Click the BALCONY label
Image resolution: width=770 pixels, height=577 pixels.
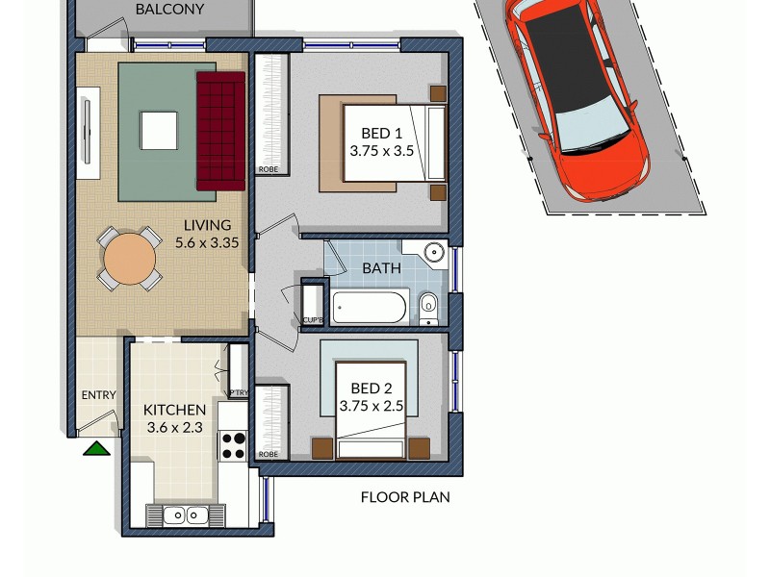coord(169,10)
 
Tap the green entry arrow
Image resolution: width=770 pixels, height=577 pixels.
coord(95,447)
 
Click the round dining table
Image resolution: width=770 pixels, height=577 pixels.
coord(129,259)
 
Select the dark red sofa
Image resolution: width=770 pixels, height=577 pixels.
coord(220,130)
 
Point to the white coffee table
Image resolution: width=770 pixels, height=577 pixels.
coord(159,130)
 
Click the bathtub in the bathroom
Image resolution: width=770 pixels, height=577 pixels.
coord(370,308)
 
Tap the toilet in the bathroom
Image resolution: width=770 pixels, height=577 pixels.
coord(429,307)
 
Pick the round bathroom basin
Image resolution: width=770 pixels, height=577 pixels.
coord(435,254)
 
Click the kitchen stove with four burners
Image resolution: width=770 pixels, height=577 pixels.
coord(234,445)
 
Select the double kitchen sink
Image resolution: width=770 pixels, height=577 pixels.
coord(186,515)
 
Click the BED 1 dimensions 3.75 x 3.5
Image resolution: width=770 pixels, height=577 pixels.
coord(381,151)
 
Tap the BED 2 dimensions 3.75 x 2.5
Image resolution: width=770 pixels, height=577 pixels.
coord(371,407)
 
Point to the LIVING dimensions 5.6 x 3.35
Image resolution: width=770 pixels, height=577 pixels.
coord(207,243)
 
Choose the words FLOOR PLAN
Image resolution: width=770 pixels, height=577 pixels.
coord(405,497)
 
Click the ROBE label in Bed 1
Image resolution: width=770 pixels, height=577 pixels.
coord(269,170)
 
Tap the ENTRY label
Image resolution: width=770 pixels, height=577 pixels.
coord(98,395)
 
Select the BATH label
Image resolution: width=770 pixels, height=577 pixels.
coord(381,268)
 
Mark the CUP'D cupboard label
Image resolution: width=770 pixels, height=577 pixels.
coord(312,319)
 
